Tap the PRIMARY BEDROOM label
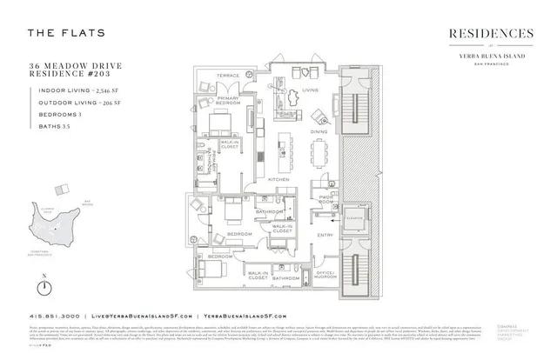229,101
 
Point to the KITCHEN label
279,178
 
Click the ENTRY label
325,236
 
